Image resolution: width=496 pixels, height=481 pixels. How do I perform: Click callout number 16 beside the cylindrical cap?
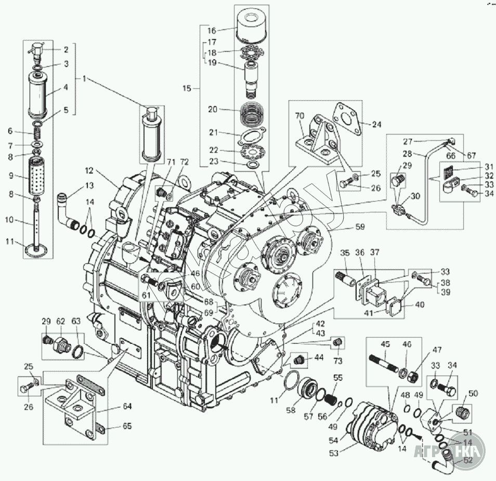pyautogui.click(x=212, y=31)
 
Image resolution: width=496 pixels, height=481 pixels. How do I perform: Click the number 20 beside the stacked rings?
pyautogui.click(x=212, y=110)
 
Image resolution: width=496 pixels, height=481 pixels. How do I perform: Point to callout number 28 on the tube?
pyautogui.click(x=406, y=153)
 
